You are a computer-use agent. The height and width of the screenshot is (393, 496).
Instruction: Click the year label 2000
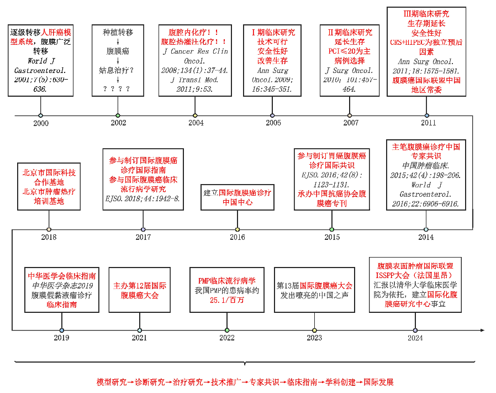(x=41, y=123)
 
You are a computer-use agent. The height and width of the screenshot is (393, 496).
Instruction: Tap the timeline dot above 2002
(x=118, y=116)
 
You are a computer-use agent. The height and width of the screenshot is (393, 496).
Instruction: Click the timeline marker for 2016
(x=238, y=229)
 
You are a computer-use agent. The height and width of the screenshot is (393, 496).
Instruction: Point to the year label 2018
(x=49, y=237)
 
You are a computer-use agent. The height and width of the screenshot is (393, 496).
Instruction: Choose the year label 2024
(x=415, y=338)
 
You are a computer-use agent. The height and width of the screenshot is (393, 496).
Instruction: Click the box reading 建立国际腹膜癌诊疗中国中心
(x=238, y=197)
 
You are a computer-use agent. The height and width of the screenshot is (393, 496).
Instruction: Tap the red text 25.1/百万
(x=226, y=300)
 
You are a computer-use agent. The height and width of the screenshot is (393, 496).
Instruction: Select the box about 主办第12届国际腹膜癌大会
(x=140, y=290)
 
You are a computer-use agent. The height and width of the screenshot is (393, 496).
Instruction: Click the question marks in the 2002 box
(x=117, y=88)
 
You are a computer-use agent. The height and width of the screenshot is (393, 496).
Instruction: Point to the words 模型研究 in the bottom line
(x=112, y=382)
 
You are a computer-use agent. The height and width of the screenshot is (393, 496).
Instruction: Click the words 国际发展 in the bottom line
(x=378, y=382)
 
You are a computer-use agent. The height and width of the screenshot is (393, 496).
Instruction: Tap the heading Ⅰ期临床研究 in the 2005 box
(x=273, y=32)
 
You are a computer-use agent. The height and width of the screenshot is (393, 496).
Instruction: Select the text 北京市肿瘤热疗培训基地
(x=49, y=196)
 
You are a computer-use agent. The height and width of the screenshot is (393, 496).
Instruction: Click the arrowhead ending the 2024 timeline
(x=482, y=330)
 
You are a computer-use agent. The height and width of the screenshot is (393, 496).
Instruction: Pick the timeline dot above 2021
(x=140, y=330)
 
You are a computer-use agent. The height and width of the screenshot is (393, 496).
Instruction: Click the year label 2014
(x=426, y=237)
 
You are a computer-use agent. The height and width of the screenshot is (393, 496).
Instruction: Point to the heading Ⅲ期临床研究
(x=426, y=13)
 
